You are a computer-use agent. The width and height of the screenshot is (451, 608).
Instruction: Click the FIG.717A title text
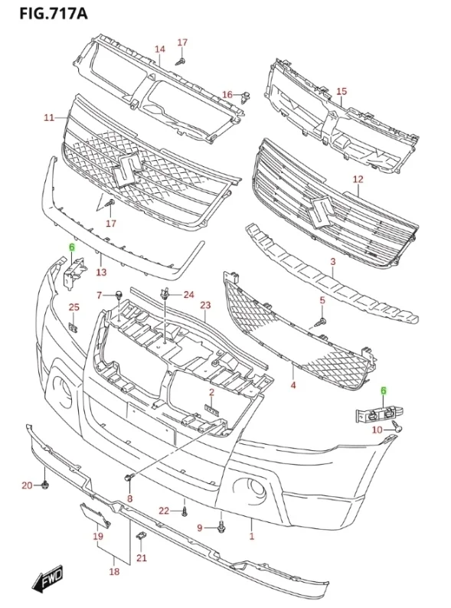(54, 14)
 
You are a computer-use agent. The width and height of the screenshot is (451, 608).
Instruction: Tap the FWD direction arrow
(47, 579)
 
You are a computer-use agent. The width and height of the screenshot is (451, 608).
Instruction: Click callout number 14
(160, 49)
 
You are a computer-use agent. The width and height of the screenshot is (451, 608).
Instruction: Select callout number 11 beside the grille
(49, 117)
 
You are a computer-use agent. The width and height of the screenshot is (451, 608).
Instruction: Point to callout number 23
(205, 306)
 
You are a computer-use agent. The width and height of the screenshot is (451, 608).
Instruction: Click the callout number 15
(342, 92)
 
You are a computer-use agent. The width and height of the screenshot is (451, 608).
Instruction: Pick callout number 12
(358, 179)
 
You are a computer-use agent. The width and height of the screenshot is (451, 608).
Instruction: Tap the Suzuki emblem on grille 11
(126, 171)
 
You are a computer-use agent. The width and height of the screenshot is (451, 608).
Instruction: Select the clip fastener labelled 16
(246, 97)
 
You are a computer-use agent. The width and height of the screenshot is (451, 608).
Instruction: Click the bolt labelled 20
(45, 485)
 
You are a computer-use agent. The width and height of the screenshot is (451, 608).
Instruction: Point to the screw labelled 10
(397, 427)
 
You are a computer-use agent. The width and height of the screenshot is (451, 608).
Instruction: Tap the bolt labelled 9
(221, 527)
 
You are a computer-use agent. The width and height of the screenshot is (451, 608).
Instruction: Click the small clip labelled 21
(140, 536)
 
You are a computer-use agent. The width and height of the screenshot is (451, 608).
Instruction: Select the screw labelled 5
(322, 321)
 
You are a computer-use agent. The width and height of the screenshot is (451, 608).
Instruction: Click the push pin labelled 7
(119, 295)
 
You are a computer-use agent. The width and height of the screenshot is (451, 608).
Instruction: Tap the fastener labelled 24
(165, 294)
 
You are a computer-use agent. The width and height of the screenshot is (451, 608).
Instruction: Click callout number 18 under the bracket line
(114, 571)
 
